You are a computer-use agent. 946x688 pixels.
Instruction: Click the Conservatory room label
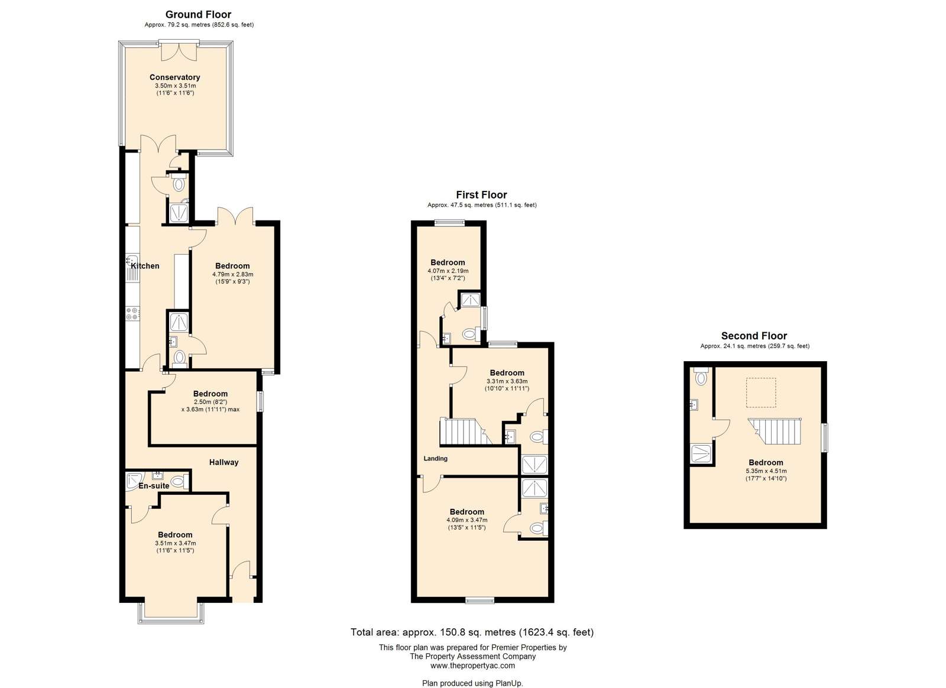[174, 77]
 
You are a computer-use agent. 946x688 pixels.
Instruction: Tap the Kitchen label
[145, 266]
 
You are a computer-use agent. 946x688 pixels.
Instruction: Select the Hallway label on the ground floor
[224, 462]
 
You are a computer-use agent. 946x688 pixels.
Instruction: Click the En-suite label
[154, 486]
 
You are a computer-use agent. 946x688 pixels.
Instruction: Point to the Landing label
[435, 459]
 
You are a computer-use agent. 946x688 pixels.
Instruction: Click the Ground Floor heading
[199, 15]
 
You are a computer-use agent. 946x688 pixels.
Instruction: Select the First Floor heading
[481, 195]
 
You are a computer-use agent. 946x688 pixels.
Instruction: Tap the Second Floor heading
[754, 336]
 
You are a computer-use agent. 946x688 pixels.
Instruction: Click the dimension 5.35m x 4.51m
[766, 471]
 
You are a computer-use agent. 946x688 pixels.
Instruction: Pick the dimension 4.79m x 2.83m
[233, 274]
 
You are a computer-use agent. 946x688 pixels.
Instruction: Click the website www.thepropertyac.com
[472, 666]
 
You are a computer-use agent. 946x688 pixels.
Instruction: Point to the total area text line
[472, 632]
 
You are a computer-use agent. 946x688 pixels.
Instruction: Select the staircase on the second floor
[775, 431]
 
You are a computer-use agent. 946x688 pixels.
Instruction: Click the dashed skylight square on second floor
[761, 392]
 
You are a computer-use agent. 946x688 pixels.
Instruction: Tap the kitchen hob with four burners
[132, 314]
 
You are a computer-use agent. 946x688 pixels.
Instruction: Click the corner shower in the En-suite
[135, 481]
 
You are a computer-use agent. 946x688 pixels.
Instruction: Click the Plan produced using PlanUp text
[472, 683]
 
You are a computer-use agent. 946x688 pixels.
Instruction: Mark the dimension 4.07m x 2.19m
[448, 271]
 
